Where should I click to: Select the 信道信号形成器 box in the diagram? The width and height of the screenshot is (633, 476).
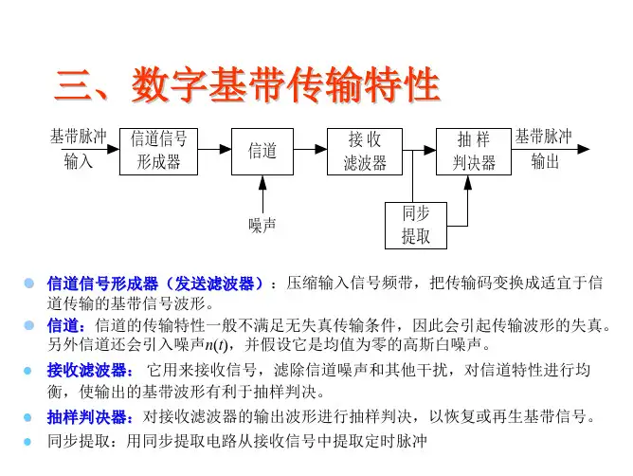coord(158,150)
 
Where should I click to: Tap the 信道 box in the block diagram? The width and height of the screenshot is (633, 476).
coord(262,150)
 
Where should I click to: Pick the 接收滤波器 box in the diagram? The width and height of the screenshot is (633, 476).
coord(365,150)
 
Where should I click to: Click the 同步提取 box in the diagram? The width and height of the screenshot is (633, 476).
coord(415,225)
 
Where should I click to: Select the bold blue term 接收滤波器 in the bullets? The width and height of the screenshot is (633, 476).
coord(90,369)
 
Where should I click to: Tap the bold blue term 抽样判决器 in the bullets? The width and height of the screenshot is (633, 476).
coord(90,416)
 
